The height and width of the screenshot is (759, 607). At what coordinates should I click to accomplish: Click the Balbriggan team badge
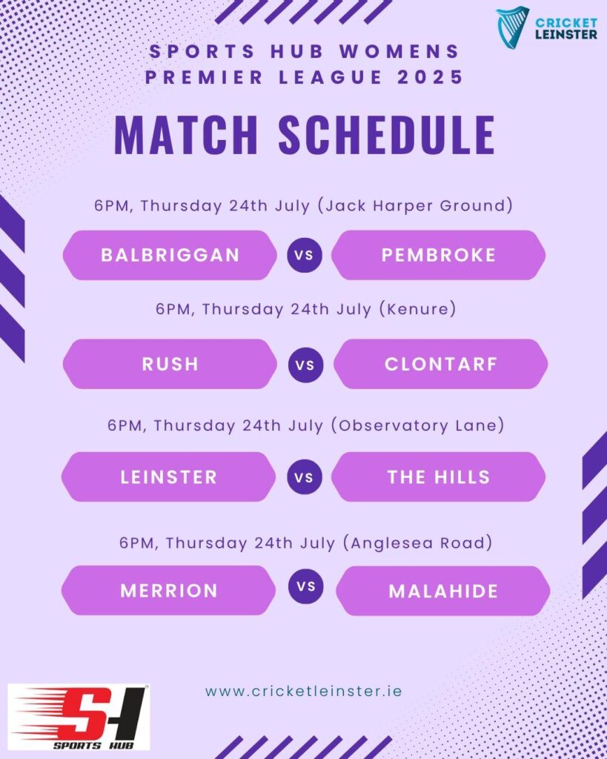pyautogui.click(x=170, y=255)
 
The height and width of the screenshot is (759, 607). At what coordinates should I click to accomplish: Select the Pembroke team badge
pyautogui.click(x=439, y=255)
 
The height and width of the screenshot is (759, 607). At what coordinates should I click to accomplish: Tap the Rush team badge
pyautogui.click(x=170, y=364)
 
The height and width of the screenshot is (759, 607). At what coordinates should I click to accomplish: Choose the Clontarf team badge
pyautogui.click(x=441, y=364)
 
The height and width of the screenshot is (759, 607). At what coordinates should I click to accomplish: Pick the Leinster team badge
pyautogui.click(x=168, y=477)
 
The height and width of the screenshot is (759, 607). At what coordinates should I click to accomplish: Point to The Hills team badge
pyautogui.click(x=439, y=477)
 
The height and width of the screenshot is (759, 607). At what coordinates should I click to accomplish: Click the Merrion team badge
pyautogui.click(x=168, y=591)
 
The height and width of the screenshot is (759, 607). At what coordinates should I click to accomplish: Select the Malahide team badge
pyautogui.click(x=443, y=591)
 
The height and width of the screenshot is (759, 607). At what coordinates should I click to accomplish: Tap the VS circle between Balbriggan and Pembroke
pyautogui.click(x=305, y=255)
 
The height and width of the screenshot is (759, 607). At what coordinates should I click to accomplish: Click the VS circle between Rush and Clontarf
pyautogui.click(x=305, y=365)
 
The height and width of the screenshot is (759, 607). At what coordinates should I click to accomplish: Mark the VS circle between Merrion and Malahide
pyautogui.click(x=306, y=587)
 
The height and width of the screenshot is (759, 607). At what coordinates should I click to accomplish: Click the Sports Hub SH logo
pyautogui.click(x=79, y=717)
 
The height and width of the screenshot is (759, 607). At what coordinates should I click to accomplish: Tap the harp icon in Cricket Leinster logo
pyautogui.click(x=512, y=27)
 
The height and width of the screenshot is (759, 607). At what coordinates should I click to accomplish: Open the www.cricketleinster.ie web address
pyautogui.click(x=304, y=691)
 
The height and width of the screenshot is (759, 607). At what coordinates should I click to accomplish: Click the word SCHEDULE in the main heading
pyautogui.click(x=387, y=135)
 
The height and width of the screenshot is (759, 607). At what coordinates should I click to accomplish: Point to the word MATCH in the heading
pyautogui.click(x=186, y=135)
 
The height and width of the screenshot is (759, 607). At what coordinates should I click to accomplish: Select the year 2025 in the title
pyautogui.click(x=431, y=77)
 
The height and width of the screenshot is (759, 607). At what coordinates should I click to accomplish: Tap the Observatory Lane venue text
pyautogui.click(x=418, y=425)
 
